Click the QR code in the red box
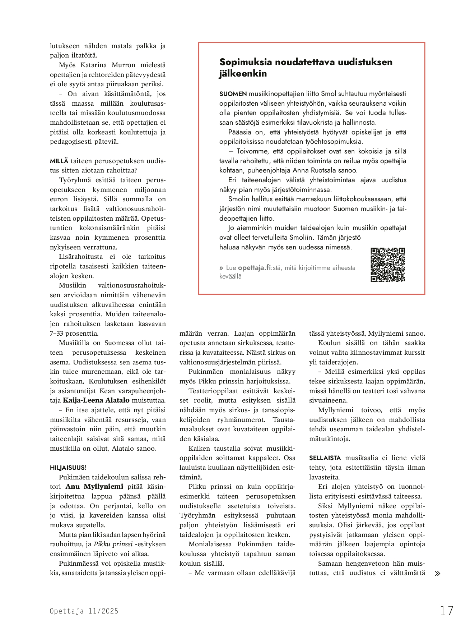[x=388, y=265]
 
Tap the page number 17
[x=447, y=611]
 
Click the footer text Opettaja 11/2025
[x=84, y=611]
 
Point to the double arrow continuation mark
[x=437, y=574]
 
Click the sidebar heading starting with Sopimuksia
[x=306, y=68]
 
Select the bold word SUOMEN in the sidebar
[x=233, y=94]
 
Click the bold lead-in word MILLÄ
[x=59, y=161]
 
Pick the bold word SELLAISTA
[x=325, y=458]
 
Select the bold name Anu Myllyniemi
[x=94, y=487]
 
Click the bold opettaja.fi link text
[x=254, y=268]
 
